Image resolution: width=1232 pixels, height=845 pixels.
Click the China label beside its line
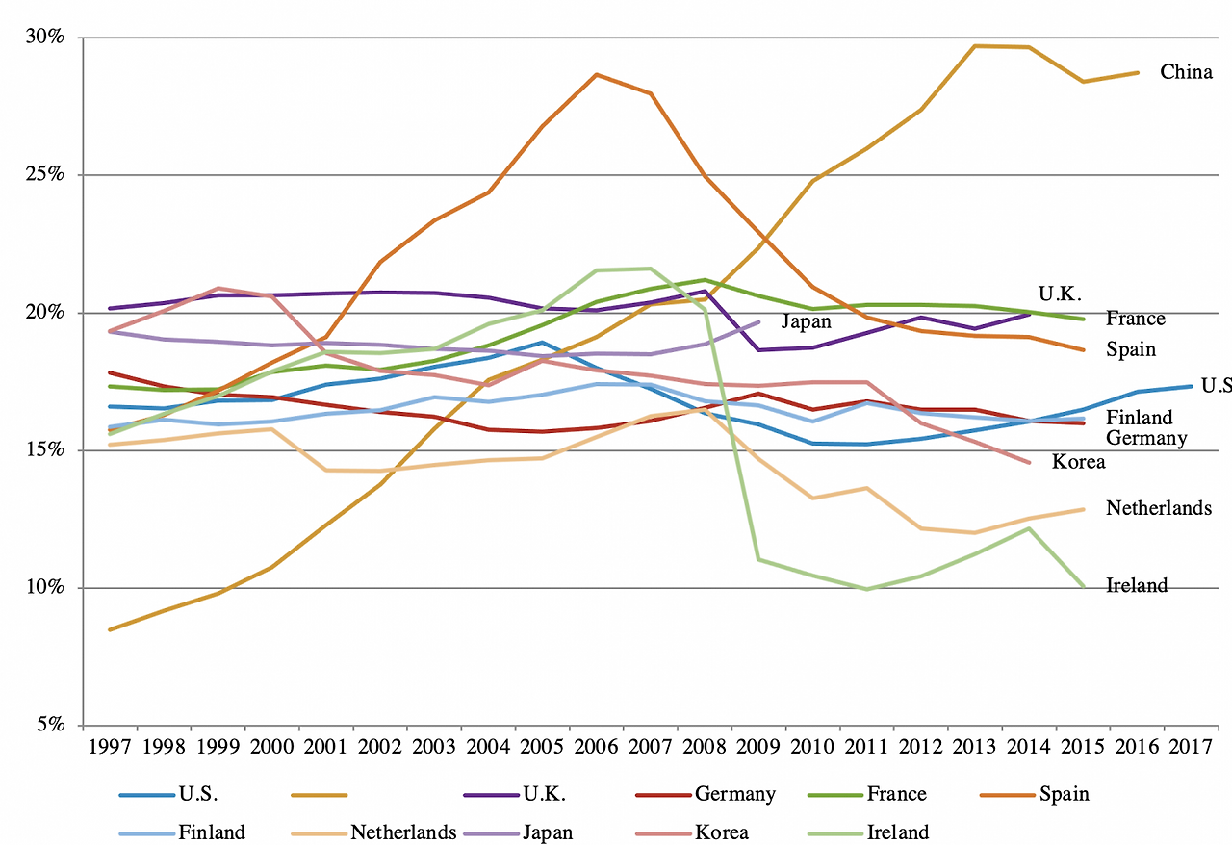click(x=1186, y=72)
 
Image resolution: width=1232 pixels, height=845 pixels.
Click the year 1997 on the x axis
click(x=109, y=747)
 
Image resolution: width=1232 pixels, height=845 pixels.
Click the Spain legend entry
click(x=1064, y=794)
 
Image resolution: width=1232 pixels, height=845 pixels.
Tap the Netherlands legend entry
click(x=403, y=832)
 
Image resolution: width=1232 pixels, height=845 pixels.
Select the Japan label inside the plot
click(x=806, y=321)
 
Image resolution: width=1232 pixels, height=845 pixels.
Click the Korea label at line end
click(x=1078, y=462)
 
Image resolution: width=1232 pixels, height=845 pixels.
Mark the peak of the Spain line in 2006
click(x=597, y=74)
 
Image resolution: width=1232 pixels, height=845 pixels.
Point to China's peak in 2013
click(x=976, y=45)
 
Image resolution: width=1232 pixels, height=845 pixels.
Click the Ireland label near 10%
click(x=1137, y=585)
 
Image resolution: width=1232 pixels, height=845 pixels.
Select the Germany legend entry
click(x=734, y=794)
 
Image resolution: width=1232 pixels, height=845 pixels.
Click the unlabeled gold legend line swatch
click(x=318, y=795)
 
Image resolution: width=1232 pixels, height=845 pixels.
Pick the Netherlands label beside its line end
click(x=1158, y=508)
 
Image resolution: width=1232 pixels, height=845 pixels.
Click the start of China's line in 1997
click(x=110, y=629)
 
